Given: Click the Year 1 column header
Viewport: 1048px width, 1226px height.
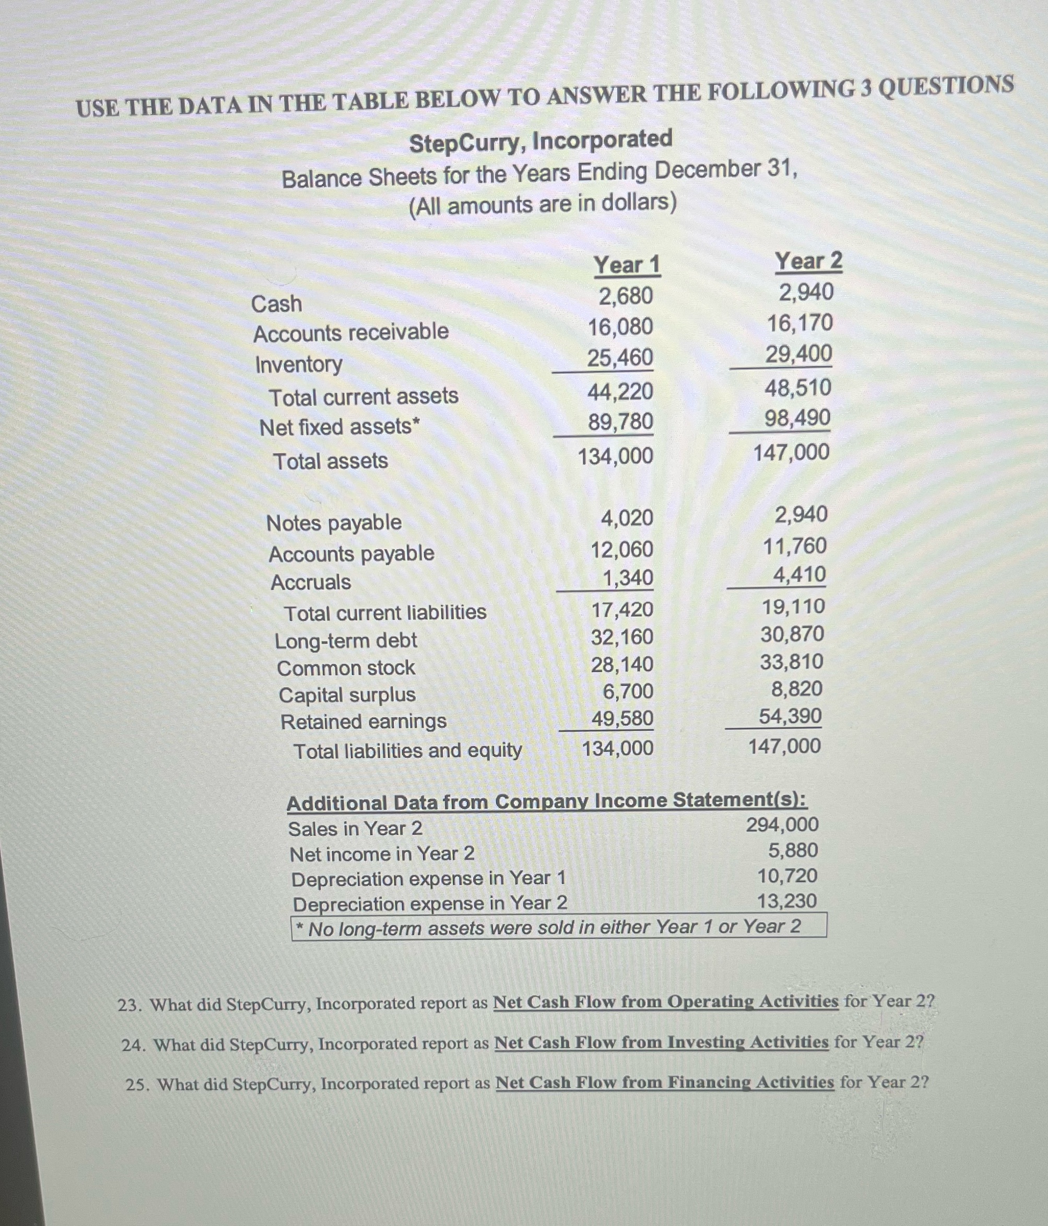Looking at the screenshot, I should tap(627, 265).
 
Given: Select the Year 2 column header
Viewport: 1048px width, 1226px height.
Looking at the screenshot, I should tap(808, 261).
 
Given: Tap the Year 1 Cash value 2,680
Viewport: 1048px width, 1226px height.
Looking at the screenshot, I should tap(626, 296).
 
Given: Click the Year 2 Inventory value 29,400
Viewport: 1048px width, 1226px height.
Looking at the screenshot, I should tap(799, 354).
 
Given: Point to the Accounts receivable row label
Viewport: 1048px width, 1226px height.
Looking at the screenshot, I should tap(351, 332).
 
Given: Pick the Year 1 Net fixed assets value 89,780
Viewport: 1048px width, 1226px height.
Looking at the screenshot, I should tap(620, 422).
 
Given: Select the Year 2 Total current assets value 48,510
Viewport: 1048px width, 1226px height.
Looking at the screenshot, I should tap(798, 388).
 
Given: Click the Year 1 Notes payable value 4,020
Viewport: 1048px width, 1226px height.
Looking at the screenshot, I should tap(627, 519).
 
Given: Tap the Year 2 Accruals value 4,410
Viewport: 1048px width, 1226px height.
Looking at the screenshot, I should tap(799, 574).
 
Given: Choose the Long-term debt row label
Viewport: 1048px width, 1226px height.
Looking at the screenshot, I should tap(346, 641).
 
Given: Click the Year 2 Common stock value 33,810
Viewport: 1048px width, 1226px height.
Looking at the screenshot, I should tap(792, 662).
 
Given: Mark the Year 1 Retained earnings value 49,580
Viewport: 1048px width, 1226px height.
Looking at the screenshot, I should tap(622, 718).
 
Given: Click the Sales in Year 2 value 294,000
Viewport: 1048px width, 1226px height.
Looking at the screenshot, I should tap(782, 825).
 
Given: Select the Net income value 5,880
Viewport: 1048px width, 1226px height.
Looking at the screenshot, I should tap(793, 850).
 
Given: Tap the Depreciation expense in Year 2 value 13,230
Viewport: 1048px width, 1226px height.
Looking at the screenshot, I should tap(787, 901).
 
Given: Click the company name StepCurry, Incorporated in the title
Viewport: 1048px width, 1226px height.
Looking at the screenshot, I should tap(540, 141).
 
